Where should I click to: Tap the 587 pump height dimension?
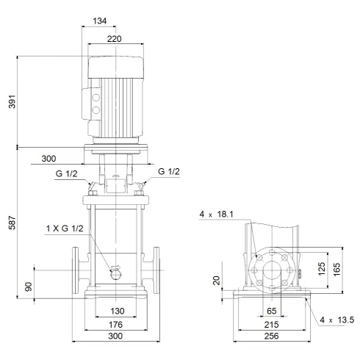(x=10, y=224)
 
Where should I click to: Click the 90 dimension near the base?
(x=29, y=285)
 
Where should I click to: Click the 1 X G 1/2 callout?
(x=64, y=230)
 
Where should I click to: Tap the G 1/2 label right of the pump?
(x=168, y=172)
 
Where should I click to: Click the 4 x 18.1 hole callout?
(x=216, y=215)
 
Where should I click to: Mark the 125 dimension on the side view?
(x=320, y=270)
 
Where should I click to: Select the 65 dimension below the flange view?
(x=270, y=311)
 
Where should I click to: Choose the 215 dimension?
(x=270, y=323)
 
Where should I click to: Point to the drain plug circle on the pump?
(x=115, y=275)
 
